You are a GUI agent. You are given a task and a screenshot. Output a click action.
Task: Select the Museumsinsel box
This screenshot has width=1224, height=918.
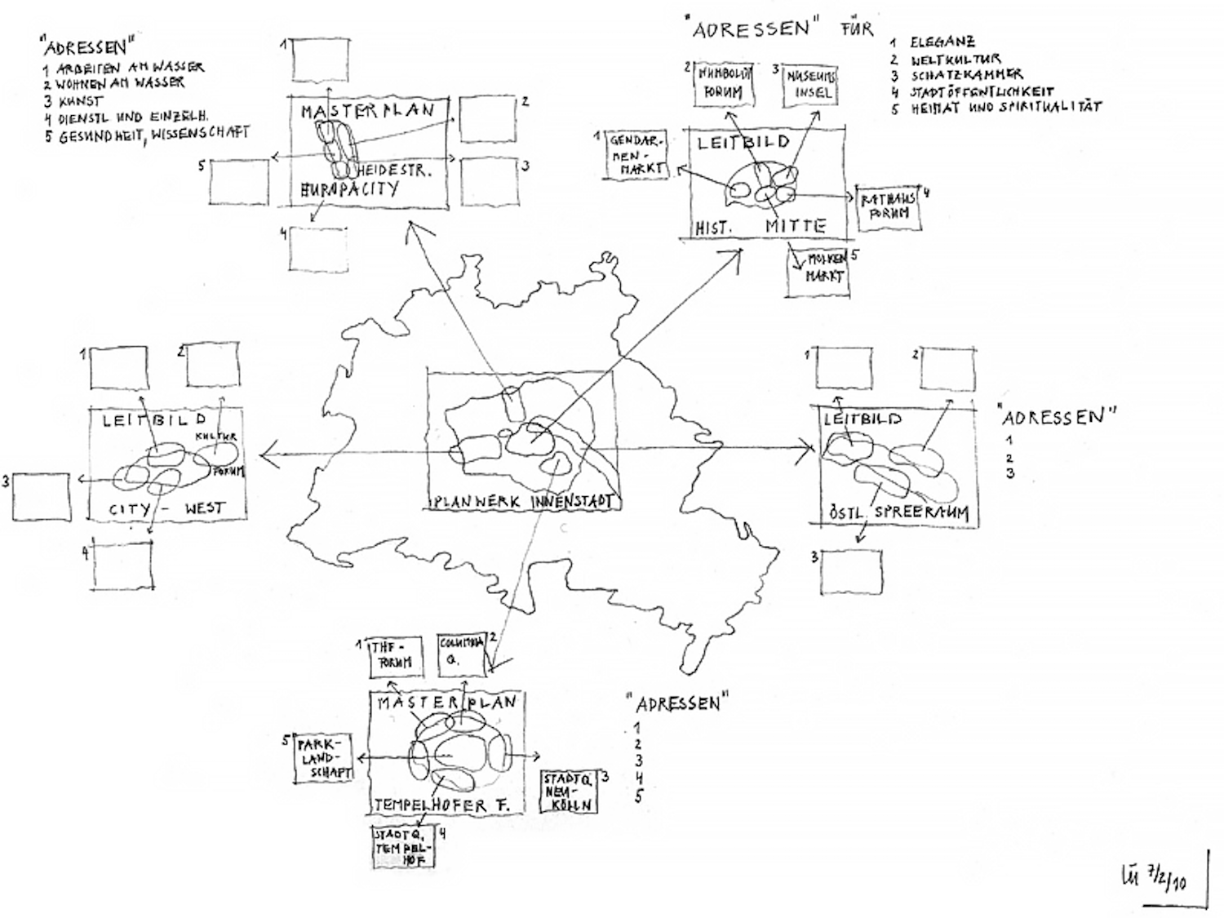[x=810, y=84]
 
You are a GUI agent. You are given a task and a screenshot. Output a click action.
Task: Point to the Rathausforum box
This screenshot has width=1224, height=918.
[x=889, y=206]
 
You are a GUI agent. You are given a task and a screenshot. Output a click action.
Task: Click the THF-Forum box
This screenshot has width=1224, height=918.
[x=395, y=655]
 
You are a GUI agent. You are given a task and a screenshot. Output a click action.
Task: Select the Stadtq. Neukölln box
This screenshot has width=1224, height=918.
[x=569, y=791]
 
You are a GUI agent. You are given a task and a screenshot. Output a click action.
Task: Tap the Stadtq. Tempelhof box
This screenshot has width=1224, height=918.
[x=401, y=847]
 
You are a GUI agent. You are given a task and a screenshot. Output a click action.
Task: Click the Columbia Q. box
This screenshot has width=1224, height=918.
[x=462, y=653]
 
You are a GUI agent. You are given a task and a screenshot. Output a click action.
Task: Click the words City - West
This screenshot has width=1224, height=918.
[x=166, y=509]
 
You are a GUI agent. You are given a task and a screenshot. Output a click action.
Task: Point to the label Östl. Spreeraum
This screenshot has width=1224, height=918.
[x=898, y=513]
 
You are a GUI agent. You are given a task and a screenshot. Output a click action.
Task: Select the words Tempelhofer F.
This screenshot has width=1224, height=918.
[x=441, y=805]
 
